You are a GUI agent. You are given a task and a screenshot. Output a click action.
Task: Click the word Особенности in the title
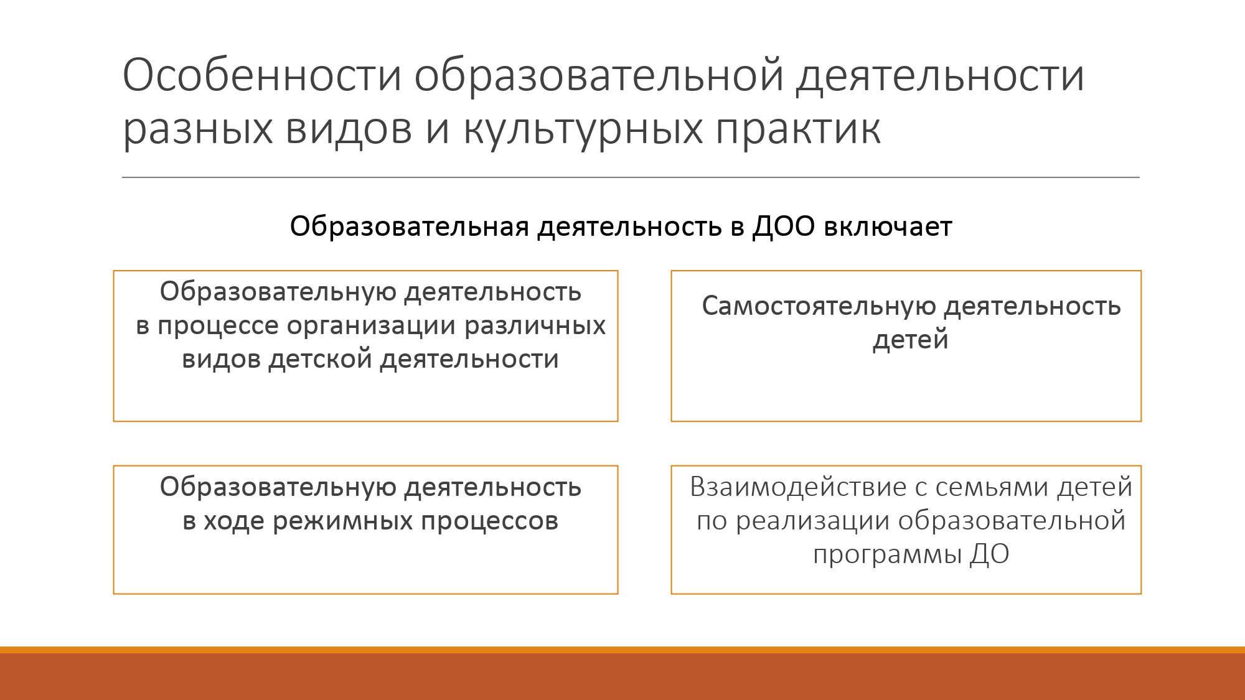[x=262, y=75]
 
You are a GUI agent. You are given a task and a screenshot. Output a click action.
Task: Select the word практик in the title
[x=798, y=129]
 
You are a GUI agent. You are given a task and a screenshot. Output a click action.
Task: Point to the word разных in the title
[x=198, y=129]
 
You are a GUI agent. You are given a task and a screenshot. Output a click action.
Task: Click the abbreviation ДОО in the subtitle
[x=784, y=226]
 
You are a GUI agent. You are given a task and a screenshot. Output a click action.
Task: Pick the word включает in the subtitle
[x=888, y=226]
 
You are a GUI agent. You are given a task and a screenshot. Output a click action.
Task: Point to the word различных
[x=535, y=325]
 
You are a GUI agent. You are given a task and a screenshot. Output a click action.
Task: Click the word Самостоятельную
[x=819, y=306]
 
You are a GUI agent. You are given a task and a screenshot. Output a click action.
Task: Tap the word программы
[x=887, y=554]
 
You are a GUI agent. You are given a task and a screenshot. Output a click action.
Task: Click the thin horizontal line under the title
[x=631, y=177]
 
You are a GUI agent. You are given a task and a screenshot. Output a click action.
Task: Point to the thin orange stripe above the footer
[x=622, y=650]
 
